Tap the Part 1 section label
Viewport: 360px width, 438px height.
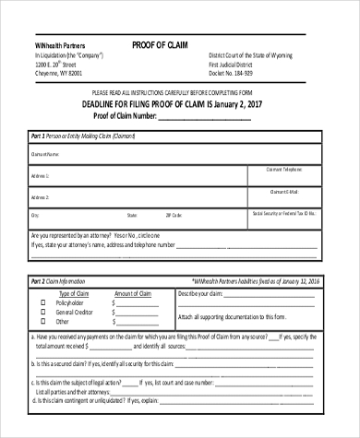[39, 136]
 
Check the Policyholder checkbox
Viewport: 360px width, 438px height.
[42, 302]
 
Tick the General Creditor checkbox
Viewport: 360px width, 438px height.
[42, 312]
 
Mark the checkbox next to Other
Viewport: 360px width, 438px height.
[42, 322]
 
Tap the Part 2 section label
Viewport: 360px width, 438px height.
[39, 280]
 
